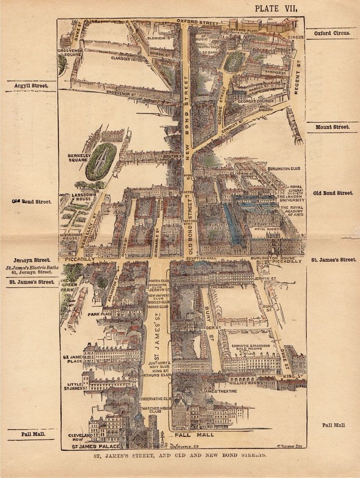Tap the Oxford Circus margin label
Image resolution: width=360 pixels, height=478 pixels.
tap(331, 33)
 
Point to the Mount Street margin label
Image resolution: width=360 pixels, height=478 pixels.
tap(332, 128)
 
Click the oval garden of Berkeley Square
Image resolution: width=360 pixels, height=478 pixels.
tap(101, 161)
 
